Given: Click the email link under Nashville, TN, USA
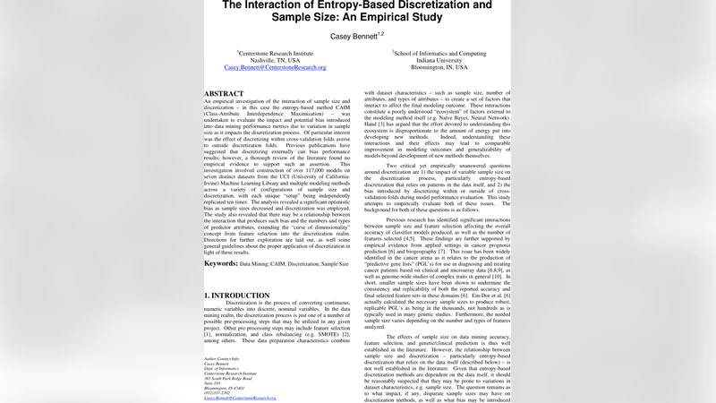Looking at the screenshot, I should (275, 67).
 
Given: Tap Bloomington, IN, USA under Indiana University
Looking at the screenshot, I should (439, 67).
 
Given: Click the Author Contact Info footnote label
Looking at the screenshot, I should (223, 357).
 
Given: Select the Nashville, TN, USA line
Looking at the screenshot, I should (275, 60).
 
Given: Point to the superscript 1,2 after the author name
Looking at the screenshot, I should (380, 32).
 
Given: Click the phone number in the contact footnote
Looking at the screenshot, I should (218, 391).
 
